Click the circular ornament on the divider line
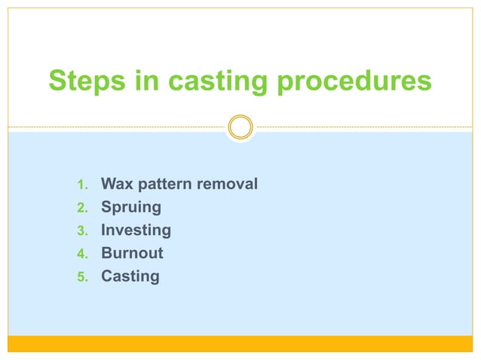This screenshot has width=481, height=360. (x=240, y=127)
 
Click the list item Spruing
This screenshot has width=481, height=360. (x=130, y=208)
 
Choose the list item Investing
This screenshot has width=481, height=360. (x=136, y=230)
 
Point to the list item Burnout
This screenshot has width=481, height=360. (x=132, y=253)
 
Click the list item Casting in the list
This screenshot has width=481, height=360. (x=130, y=276)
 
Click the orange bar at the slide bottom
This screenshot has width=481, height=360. (x=240, y=343)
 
